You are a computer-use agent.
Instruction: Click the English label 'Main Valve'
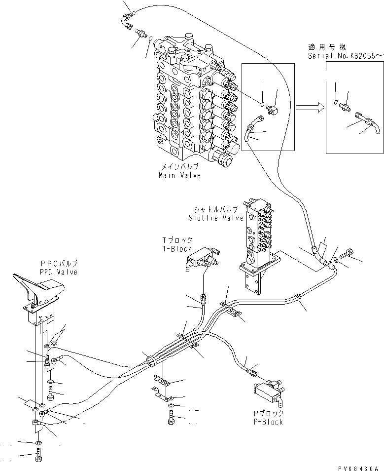tap(179, 175)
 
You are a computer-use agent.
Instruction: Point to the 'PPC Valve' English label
tap(59, 272)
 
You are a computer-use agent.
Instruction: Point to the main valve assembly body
tap(192, 99)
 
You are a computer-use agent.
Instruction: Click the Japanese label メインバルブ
tap(179, 167)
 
